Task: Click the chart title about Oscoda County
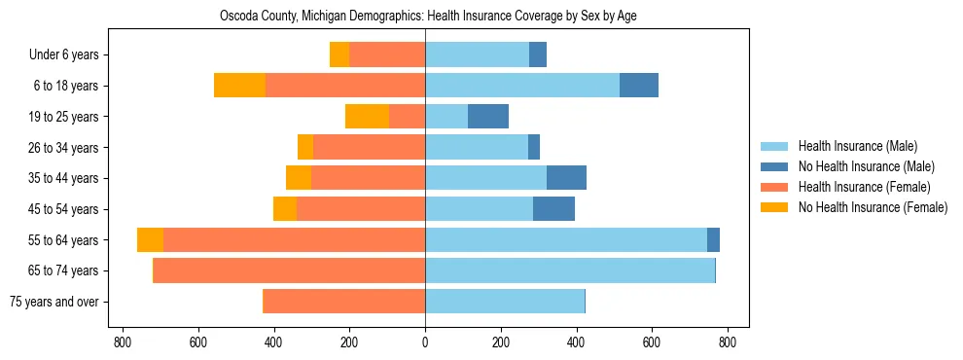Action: [x=425, y=17]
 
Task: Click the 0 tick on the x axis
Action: [x=425, y=342]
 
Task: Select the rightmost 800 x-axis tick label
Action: [x=728, y=342]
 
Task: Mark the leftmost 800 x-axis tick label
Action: [x=123, y=342]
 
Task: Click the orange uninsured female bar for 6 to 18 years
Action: [x=239, y=86]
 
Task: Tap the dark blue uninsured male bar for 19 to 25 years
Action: [x=488, y=117]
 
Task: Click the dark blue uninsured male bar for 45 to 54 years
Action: [x=553, y=209]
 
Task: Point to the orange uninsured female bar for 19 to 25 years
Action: [x=367, y=117]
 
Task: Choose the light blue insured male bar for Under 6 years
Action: [x=477, y=55]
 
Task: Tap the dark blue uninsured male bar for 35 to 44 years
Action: [x=566, y=178]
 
